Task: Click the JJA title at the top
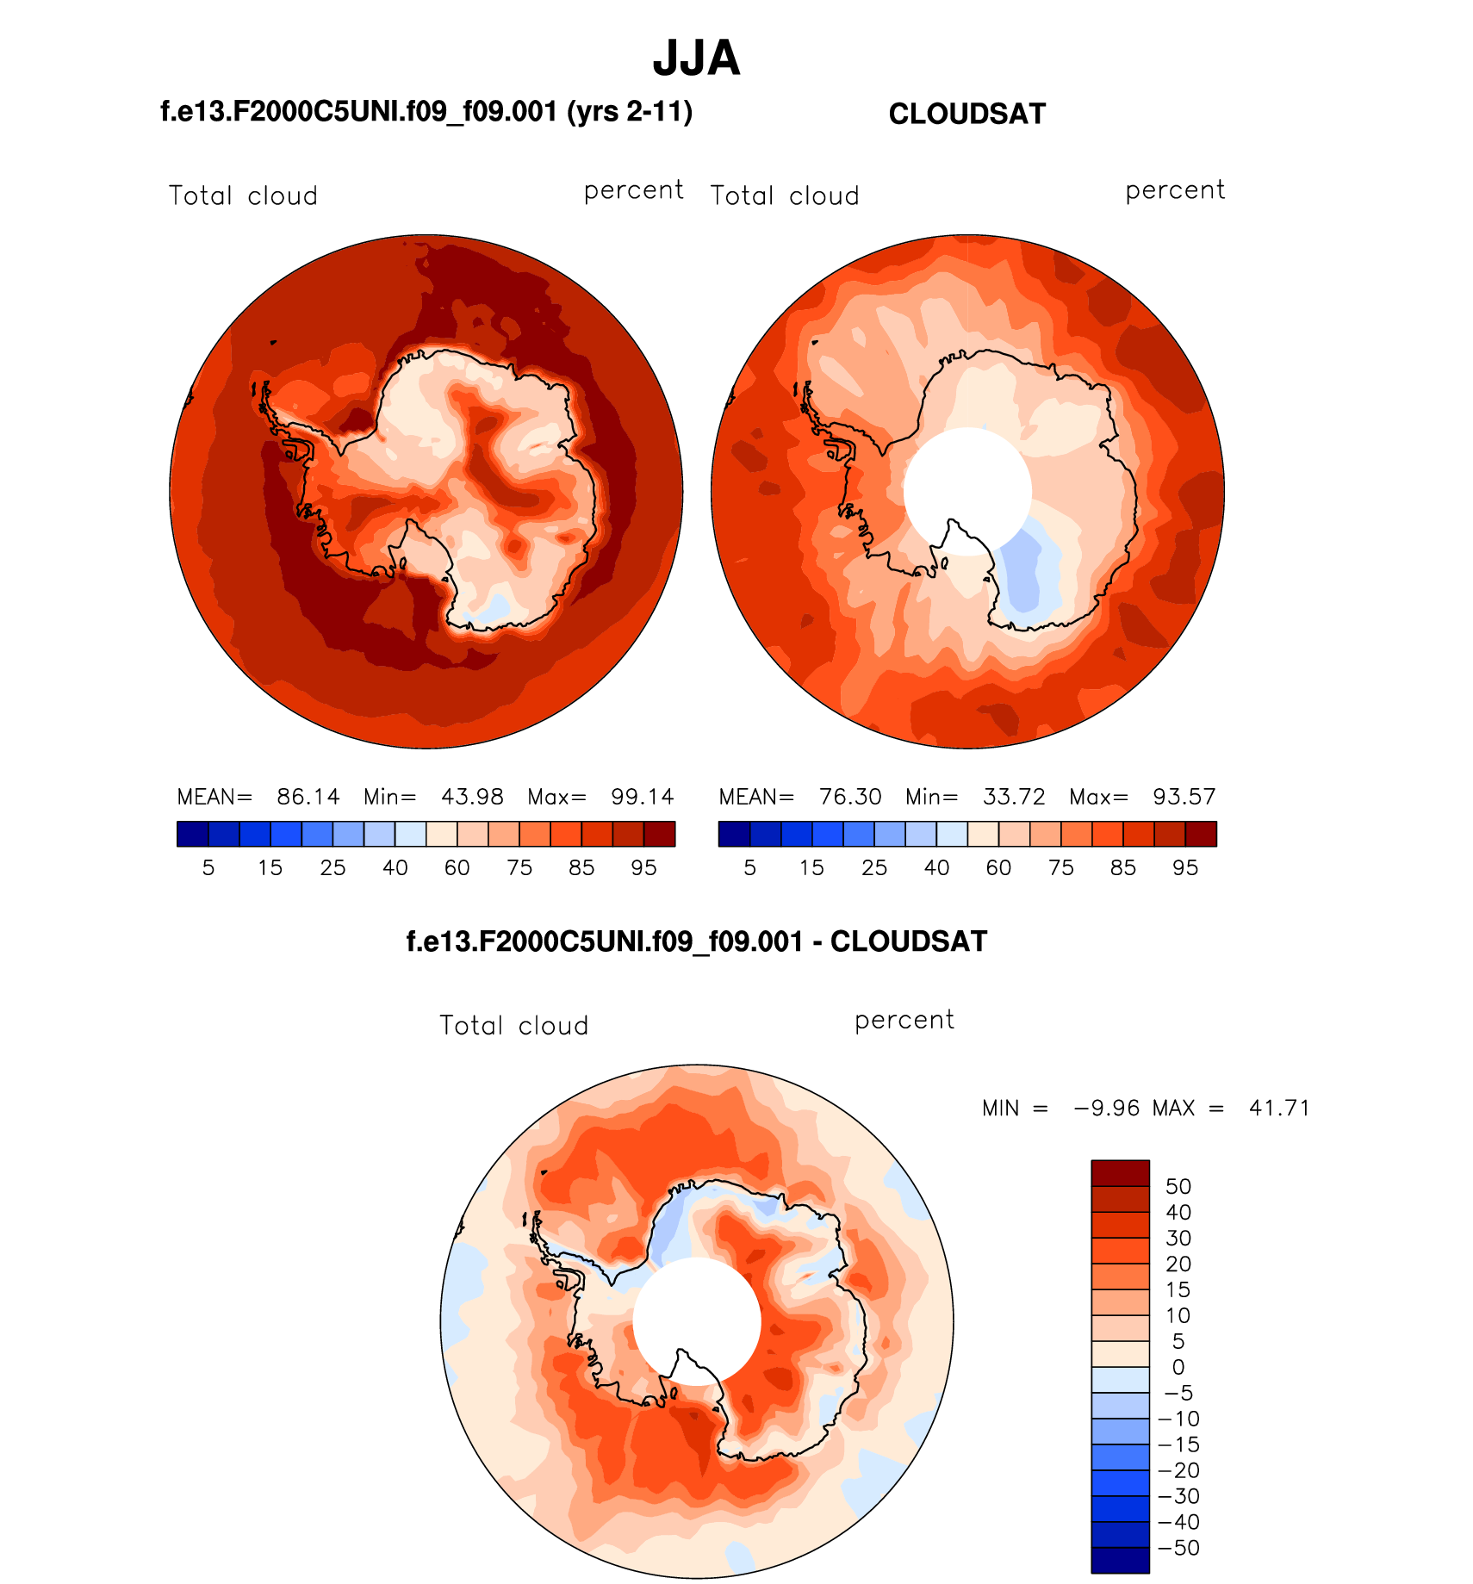point(696,59)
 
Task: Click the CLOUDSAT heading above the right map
point(966,114)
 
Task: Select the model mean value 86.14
point(308,797)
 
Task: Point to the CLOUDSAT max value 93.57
point(1184,797)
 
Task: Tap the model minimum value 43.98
point(472,797)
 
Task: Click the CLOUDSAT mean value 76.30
point(849,797)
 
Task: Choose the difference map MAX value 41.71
point(1279,1109)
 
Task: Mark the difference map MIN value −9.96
point(1107,1109)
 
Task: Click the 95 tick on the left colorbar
point(643,868)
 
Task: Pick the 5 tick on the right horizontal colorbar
point(749,868)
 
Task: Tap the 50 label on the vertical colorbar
point(1178,1187)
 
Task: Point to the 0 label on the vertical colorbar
point(1178,1368)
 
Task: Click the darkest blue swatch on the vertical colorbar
point(1120,1561)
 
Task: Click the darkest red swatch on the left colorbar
point(659,834)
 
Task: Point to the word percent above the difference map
point(904,1021)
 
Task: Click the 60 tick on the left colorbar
point(457,868)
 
